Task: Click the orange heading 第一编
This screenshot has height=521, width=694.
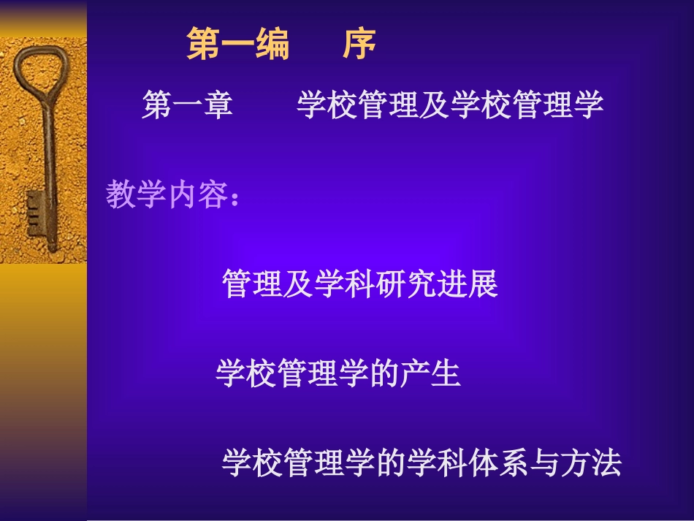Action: pyautogui.click(x=238, y=45)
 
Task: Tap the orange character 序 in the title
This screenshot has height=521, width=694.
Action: pyautogui.click(x=359, y=45)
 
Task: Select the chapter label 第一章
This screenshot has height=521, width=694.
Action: pyautogui.click(x=187, y=106)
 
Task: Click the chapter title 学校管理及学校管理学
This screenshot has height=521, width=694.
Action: pyautogui.click(x=450, y=106)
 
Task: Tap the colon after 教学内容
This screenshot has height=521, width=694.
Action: pyautogui.click(x=234, y=197)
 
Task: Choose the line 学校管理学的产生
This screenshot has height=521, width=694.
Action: pyautogui.click(x=338, y=374)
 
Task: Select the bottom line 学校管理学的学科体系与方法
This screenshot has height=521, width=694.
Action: pyautogui.click(x=422, y=463)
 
